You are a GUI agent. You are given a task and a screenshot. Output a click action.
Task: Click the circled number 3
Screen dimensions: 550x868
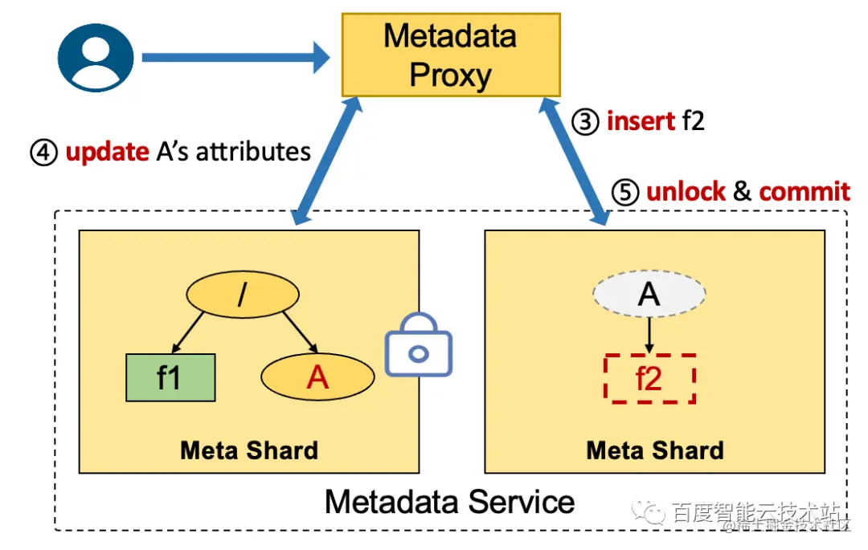pyautogui.click(x=585, y=122)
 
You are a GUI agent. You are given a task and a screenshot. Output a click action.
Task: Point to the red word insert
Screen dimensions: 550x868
pyautogui.click(x=641, y=122)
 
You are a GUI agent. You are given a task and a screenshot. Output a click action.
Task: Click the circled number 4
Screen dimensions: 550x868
pyautogui.click(x=43, y=152)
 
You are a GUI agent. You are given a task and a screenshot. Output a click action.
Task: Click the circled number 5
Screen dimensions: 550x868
pyautogui.click(x=625, y=192)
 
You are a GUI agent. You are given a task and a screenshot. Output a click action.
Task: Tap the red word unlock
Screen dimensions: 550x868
pyautogui.click(x=686, y=192)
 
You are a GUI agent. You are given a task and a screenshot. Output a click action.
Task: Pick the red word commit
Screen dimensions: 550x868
pyautogui.click(x=804, y=192)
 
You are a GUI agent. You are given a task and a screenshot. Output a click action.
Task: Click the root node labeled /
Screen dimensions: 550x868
pyautogui.click(x=240, y=296)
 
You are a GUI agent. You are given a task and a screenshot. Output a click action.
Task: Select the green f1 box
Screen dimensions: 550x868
pyautogui.click(x=170, y=377)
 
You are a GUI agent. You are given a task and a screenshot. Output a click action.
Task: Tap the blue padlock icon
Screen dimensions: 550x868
pyautogui.click(x=419, y=346)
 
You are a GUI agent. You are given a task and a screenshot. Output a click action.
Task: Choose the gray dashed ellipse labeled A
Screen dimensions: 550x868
pyautogui.click(x=649, y=295)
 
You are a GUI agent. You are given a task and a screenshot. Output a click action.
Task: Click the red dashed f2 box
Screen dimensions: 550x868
pyautogui.click(x=649, y=377)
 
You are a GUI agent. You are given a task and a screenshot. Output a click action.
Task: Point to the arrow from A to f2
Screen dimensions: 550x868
pyautogui.click(x=649, y=336)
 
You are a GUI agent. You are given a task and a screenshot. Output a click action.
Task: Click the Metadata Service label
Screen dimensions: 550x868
pyautogui.click(x=449, y=502)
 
